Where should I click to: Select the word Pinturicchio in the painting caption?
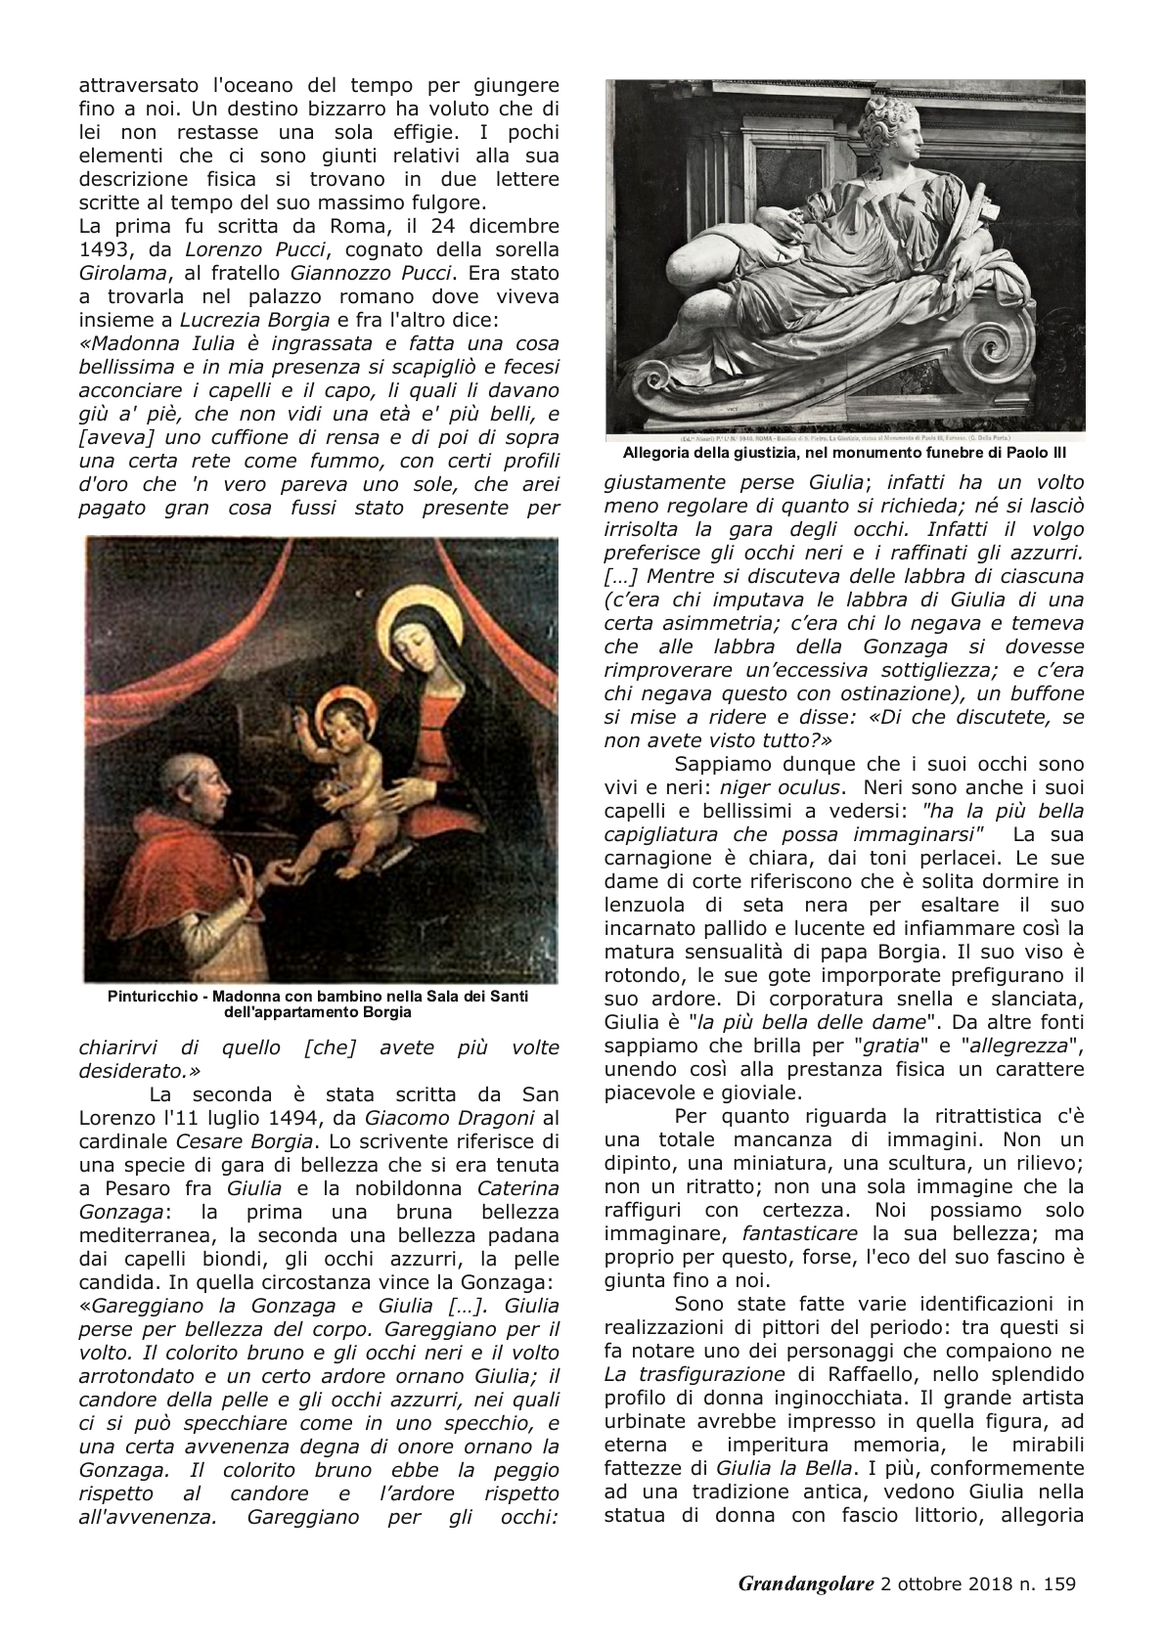(152, 997)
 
